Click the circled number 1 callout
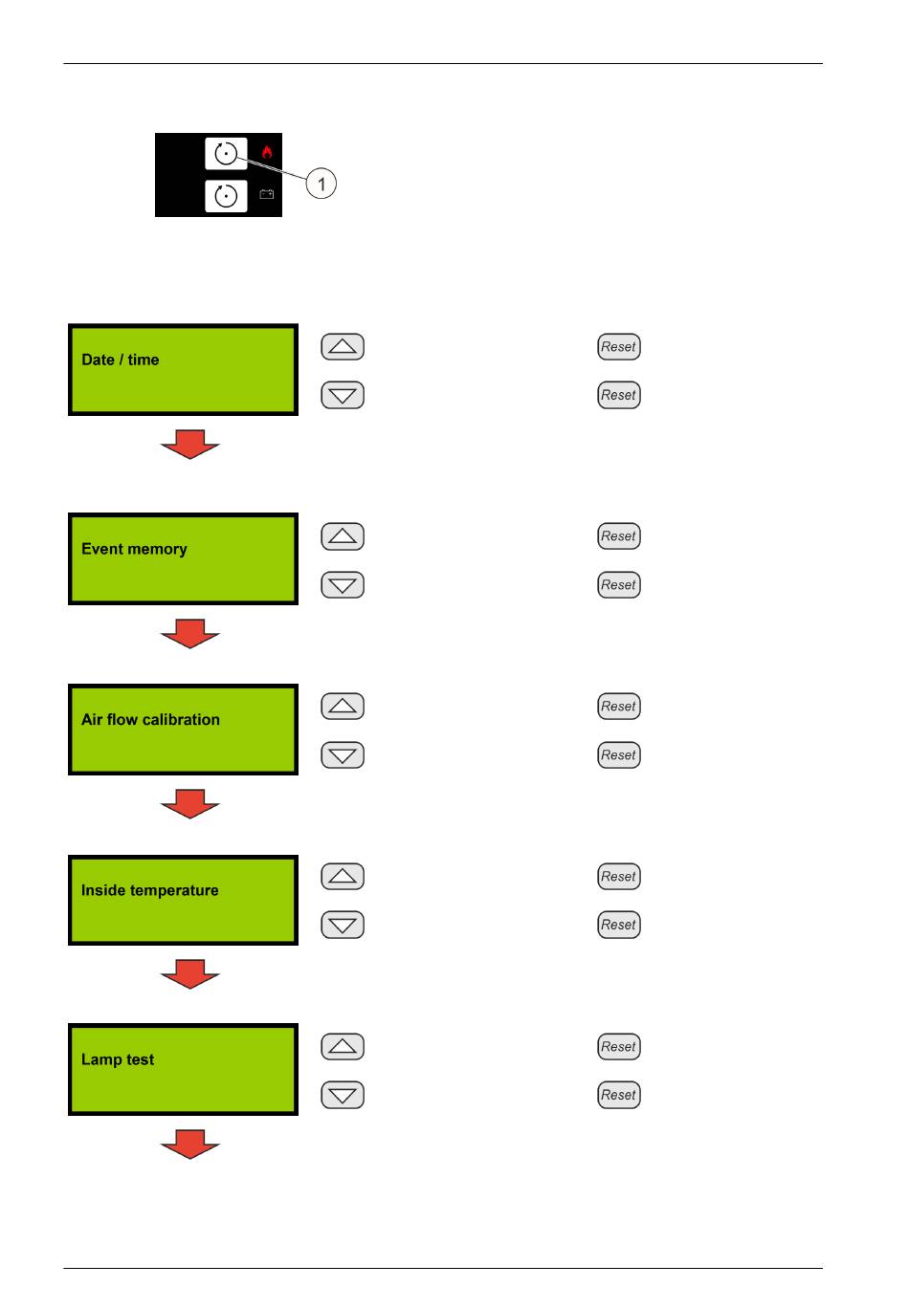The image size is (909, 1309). pyautogui.click(x=321, y=184)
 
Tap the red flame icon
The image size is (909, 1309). pyautogui.click(x=267, y=152)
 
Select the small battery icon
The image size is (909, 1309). pyautogui.click(x=266, y=194)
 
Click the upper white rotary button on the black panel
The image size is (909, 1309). pyautogui.click(x=226, y=154)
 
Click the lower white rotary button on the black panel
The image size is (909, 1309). pyautogui.click(x=226, y=196)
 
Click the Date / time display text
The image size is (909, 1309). pyautogui.click(x=120, y=360)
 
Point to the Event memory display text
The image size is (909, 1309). pyautogui.click(x=134, y=549)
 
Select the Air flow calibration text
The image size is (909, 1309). pyautogui.click(x=150, y=719)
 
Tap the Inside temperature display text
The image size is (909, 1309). pyautogui.click(x=149, y=890)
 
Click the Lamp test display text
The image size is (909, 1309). pyautogui.click(x=118, y=1059)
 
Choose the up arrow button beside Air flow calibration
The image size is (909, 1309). pyautogui.click(x=343, y=706)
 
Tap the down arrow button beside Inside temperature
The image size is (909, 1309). pyautogui.click(x=343, y=925)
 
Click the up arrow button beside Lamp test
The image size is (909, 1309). pyautogui.click(x=343, y=1046)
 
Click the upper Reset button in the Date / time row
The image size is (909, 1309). pyautogui.click(x=618, y=346)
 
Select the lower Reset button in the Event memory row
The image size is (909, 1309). pyautogui.click(x=618, y=584)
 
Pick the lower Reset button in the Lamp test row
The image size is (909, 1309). pyautogui.click(x=618, y=1095)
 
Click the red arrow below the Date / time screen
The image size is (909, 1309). pyautogui.click(x=190, y=444)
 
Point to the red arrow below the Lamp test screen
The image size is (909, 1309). pyautogui.click(x=190, y=1145)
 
